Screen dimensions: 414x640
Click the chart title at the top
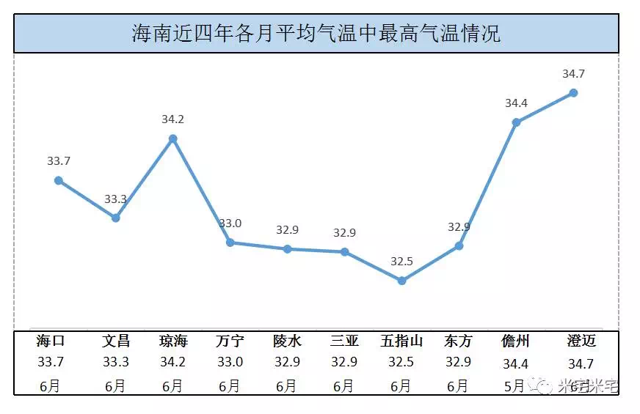[x=316, y=34]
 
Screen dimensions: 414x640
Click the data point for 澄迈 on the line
[x=573, y=93]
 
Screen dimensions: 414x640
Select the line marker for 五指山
[x=401, y=281]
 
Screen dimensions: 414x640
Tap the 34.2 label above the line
[x=173, y=119]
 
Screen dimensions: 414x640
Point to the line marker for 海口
[x=59, y=180]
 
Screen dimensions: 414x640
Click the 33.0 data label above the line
[x=230, y=223]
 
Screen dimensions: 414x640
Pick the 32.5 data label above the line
[x=401, y=261]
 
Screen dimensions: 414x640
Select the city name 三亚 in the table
[x=344, y=341]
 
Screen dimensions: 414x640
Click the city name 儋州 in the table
[x=515, y=341]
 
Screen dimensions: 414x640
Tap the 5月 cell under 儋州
[x=514, y=385]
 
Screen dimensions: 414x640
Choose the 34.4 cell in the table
[x=516, y=363]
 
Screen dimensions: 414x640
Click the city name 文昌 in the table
[x=116, y=341]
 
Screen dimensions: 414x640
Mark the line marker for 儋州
[x=516, y=122]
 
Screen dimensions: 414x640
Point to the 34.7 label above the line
[x=573, y=74]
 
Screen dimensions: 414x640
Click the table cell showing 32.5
[x=401, y=362]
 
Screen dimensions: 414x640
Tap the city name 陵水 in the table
[x=287, y=341]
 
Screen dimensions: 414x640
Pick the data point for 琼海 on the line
[x=173, y=138]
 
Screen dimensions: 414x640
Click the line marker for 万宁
[x=230, y=243]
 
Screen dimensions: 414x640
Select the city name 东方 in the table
[x=458, y=341]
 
